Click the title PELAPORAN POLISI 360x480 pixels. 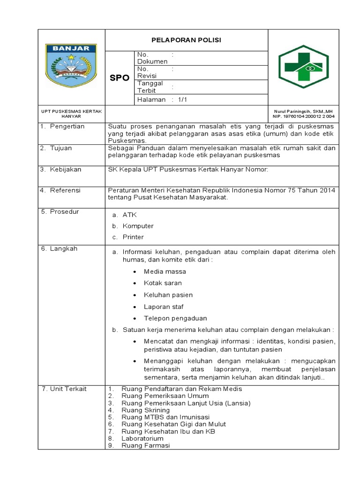click(186, 40)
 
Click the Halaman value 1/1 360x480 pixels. click(182, 100)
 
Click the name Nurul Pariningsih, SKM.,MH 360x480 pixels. click(304, 111)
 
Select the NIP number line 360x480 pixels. click(304, 116)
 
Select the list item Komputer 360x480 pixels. click(138, 226)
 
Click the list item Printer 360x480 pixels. click(133, 237)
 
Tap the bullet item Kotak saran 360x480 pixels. click(163, 283)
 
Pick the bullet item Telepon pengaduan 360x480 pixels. click(175, 318)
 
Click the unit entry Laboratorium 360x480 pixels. click(142, 438)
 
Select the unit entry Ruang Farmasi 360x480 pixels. click(145, 445)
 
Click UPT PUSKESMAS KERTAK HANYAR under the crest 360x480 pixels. click(71, 113)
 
